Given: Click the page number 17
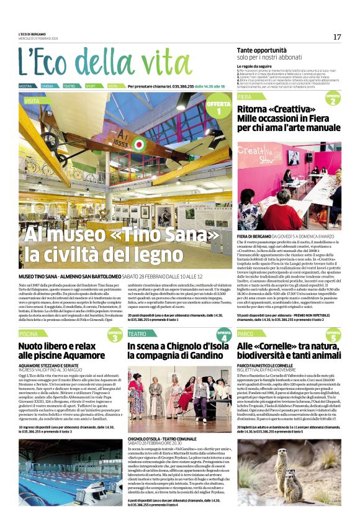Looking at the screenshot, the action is [x=336, y=37].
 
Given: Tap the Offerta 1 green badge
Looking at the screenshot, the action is [x=218, y=107].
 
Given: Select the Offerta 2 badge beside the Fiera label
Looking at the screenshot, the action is [x=333, y=99].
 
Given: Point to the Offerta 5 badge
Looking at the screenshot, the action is [x=334, y=336].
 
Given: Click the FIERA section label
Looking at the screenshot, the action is [x=245, y=97].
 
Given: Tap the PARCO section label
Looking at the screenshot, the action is [x=245, y=333].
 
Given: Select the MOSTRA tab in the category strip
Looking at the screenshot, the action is [x=25, y=86].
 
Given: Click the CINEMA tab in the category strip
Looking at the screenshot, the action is [x=47, y=86].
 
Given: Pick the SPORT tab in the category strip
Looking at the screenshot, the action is [x=91, y=86].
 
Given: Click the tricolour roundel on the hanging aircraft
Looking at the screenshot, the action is [x=137, y=145].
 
